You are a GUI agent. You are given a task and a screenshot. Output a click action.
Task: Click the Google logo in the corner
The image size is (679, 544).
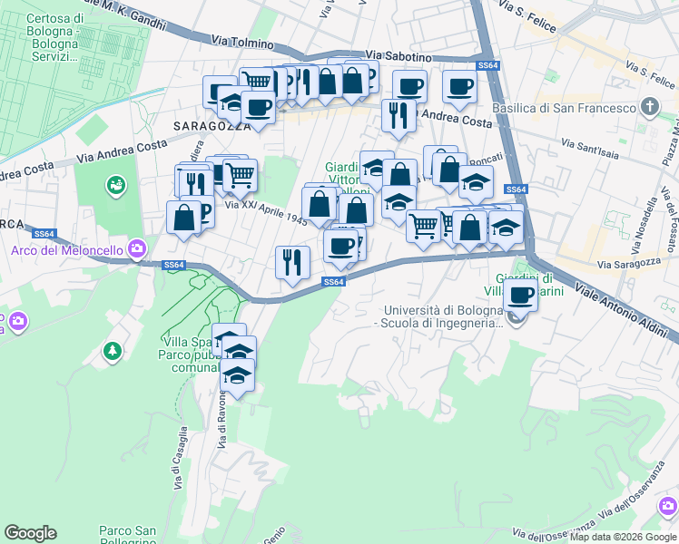click(30, 533)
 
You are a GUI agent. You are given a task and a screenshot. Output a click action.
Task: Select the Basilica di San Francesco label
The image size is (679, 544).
click(563, 108)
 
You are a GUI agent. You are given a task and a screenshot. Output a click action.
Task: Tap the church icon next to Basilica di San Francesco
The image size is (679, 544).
click(649, 108)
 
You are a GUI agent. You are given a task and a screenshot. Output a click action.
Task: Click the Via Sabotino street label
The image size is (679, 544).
click(399, 56)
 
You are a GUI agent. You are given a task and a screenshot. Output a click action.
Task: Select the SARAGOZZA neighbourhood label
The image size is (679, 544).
click(206, 125)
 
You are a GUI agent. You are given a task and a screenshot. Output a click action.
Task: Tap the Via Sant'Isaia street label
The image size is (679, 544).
click(594, 146)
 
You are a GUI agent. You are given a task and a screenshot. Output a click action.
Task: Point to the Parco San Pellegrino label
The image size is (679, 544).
click(127, 536)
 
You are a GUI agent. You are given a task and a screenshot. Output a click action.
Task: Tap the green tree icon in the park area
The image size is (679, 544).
click(112, 350)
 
